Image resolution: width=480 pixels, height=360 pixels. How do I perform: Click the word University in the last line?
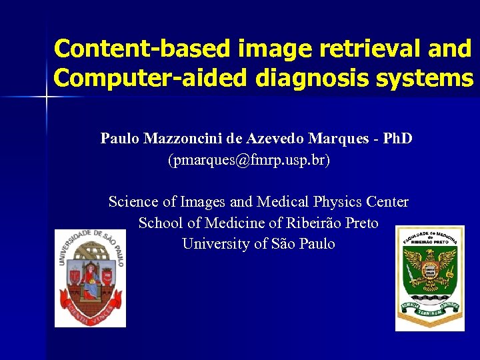pos(216,244)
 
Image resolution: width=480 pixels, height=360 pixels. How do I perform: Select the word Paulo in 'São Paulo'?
pos(317,244)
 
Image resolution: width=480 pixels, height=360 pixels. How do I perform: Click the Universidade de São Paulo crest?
pos(90,277)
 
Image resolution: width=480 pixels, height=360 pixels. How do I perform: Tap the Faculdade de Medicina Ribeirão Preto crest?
pos(429,278)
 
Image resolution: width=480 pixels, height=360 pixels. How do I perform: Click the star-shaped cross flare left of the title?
pos(47,97)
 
